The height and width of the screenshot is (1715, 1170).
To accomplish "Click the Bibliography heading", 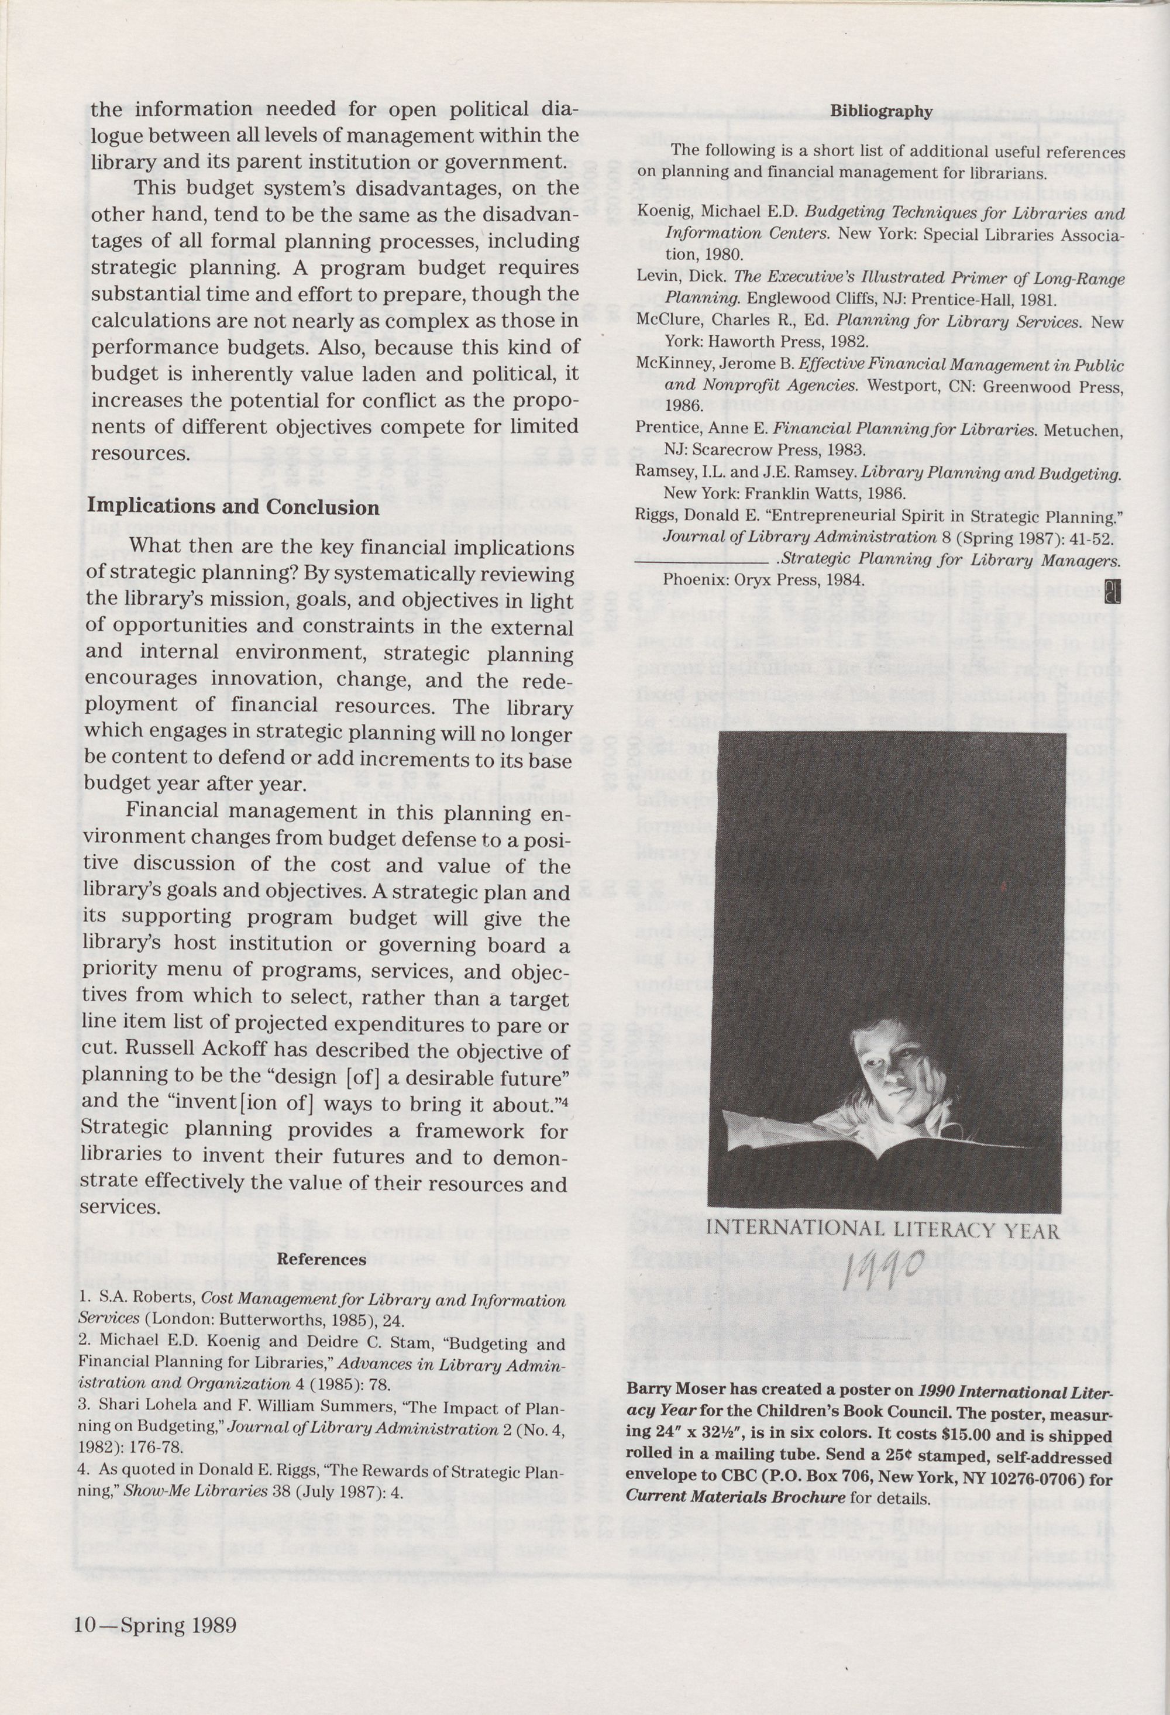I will click(x=882, y=112).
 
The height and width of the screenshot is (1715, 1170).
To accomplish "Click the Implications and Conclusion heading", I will click(x=233, y=508).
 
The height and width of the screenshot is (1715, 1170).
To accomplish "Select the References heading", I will click(x=321, y=1260).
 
